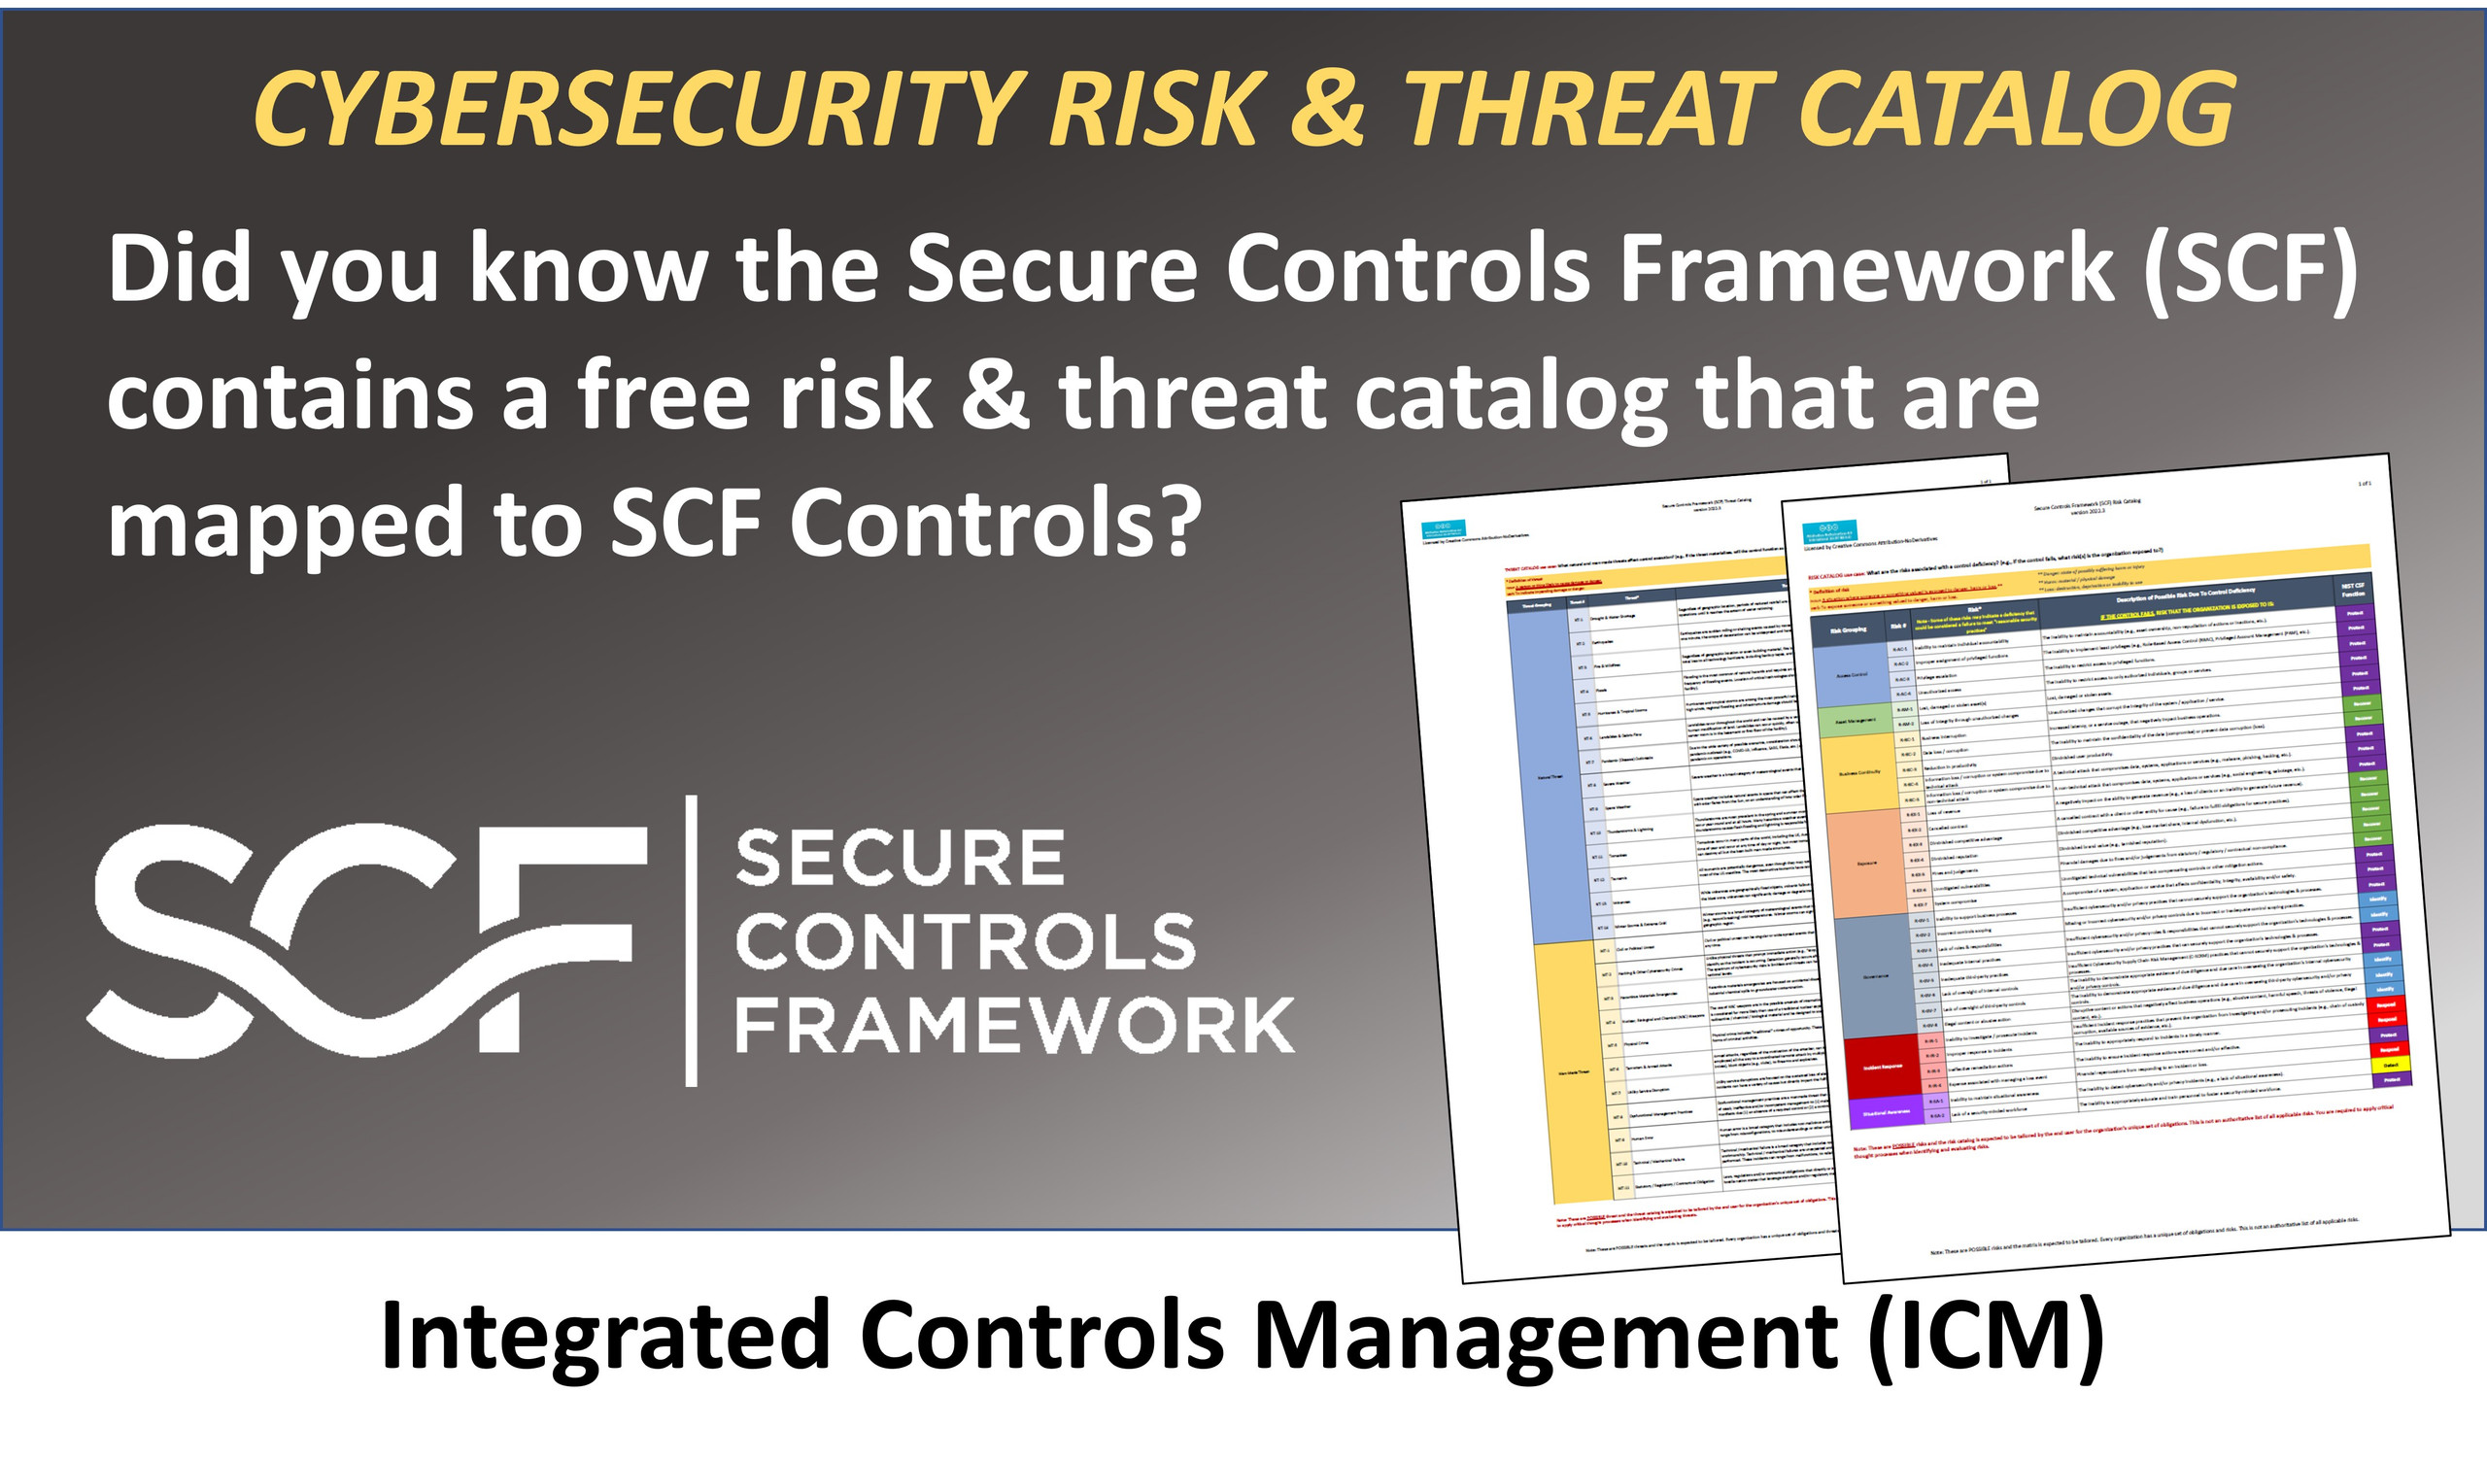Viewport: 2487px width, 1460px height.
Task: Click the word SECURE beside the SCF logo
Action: click(x=899, y=859)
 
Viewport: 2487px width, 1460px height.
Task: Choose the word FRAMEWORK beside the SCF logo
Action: click(x=1013, y=1026)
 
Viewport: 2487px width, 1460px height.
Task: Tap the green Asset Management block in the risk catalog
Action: click(x=1856, y=720)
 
